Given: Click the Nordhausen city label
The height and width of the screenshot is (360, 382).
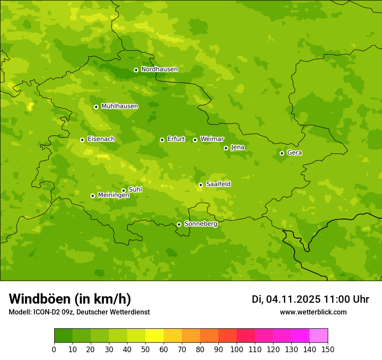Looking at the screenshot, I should tap(159, 69).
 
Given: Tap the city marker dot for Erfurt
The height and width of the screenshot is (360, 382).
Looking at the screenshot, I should tap(162, 140).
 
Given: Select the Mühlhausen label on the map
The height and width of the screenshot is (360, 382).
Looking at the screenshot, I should tap(119, 106).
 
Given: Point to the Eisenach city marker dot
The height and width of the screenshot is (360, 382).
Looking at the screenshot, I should tap(82, 140).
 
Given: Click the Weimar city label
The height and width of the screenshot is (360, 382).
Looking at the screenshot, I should tap(212, 139).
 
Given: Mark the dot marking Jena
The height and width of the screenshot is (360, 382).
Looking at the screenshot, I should tap(226, 148).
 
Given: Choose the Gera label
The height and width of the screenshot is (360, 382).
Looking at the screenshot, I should tap(294, 153).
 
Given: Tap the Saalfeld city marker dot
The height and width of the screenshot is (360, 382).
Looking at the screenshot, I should tap(201, 185).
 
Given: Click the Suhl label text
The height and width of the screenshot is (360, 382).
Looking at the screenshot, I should tap(135, 190).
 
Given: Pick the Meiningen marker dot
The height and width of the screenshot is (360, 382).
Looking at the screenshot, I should tap(92, 196).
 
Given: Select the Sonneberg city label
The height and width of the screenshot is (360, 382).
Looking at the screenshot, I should tap(201, 224).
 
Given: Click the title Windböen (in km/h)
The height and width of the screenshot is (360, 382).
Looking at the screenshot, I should tap(70, 299).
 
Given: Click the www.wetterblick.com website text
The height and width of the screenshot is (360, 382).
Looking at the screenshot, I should tap(313, 312).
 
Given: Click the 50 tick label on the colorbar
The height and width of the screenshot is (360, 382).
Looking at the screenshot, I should tap(145, 349).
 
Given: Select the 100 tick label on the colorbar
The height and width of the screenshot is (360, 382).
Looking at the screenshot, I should tap(237, 349).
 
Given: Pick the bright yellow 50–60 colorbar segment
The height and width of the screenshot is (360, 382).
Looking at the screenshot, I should tap(155, 336).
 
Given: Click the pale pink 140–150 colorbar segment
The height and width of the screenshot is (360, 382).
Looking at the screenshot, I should tap(319, 336).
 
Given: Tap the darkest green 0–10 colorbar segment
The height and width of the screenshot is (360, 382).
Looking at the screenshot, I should tap(63, 336).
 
